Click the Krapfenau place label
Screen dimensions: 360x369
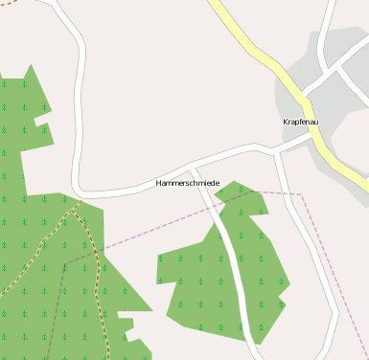click(301, 123)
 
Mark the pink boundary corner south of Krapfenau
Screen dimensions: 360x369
click(301, 195)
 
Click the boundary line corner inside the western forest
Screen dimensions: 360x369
click(65, 262)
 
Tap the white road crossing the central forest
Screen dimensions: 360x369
click(234, 268)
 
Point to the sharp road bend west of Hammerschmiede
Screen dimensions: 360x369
click(78, 187)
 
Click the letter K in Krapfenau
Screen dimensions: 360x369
click(286, 123)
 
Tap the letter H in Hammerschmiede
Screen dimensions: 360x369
click(159, 183)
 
